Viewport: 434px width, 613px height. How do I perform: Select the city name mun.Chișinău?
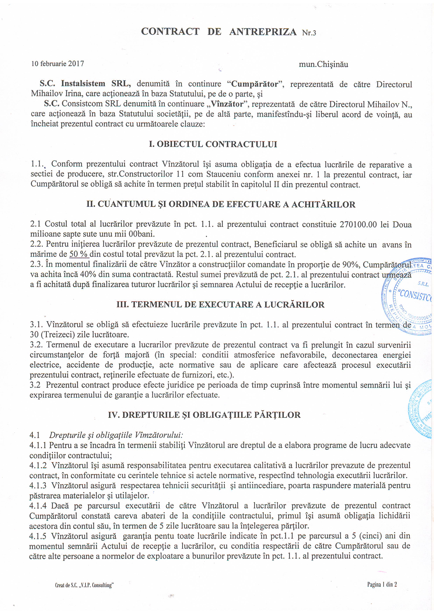point(323,64)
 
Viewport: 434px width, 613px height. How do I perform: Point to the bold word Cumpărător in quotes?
point(254,84)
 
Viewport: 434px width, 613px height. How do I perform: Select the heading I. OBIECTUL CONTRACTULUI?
point(213,144)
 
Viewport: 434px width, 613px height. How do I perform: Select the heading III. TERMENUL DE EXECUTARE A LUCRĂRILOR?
point(220,305)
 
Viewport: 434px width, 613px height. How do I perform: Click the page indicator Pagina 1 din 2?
point(382,585)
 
